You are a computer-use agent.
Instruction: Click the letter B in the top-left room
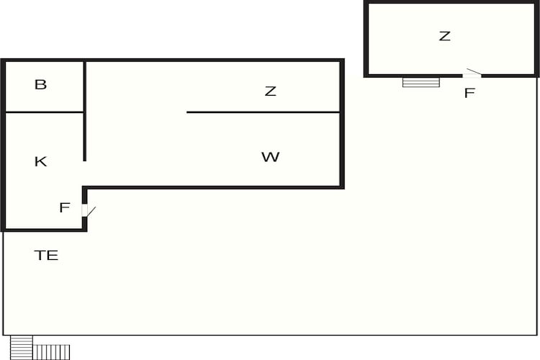point(40,84)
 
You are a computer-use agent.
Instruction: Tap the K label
point(40,161)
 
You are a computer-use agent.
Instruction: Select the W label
point(270,157)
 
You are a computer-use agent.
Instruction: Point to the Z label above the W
point(270,91)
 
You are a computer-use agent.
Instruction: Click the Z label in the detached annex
point(445,36)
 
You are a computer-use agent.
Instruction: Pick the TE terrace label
point(46,256)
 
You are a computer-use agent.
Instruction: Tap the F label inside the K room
point(65,207)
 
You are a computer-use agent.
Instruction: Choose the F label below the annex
point(469,93)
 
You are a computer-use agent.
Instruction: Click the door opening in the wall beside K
point(84,210)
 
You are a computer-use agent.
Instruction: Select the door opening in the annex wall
point(472,76)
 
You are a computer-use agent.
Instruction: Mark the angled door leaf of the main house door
point(91,212)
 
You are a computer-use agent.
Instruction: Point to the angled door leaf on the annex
point(474,71)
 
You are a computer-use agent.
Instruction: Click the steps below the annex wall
point(421,82)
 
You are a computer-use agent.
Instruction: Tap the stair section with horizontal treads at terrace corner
point(22,348)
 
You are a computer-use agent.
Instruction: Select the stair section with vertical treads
point(51,352)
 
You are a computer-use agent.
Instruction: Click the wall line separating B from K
point(45,112)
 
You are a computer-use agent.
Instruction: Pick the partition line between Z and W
point(263,112)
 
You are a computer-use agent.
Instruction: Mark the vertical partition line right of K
point(85,112)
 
